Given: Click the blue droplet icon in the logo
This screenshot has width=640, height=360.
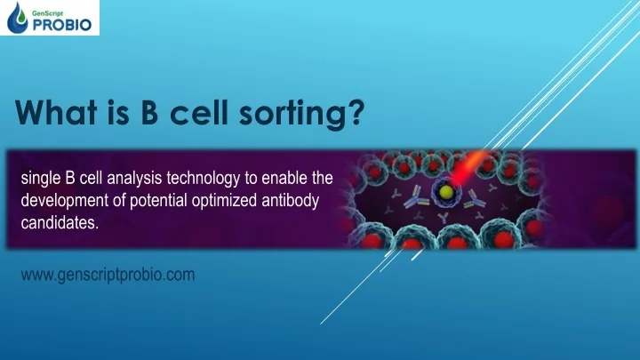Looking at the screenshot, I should pos(19,20).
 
